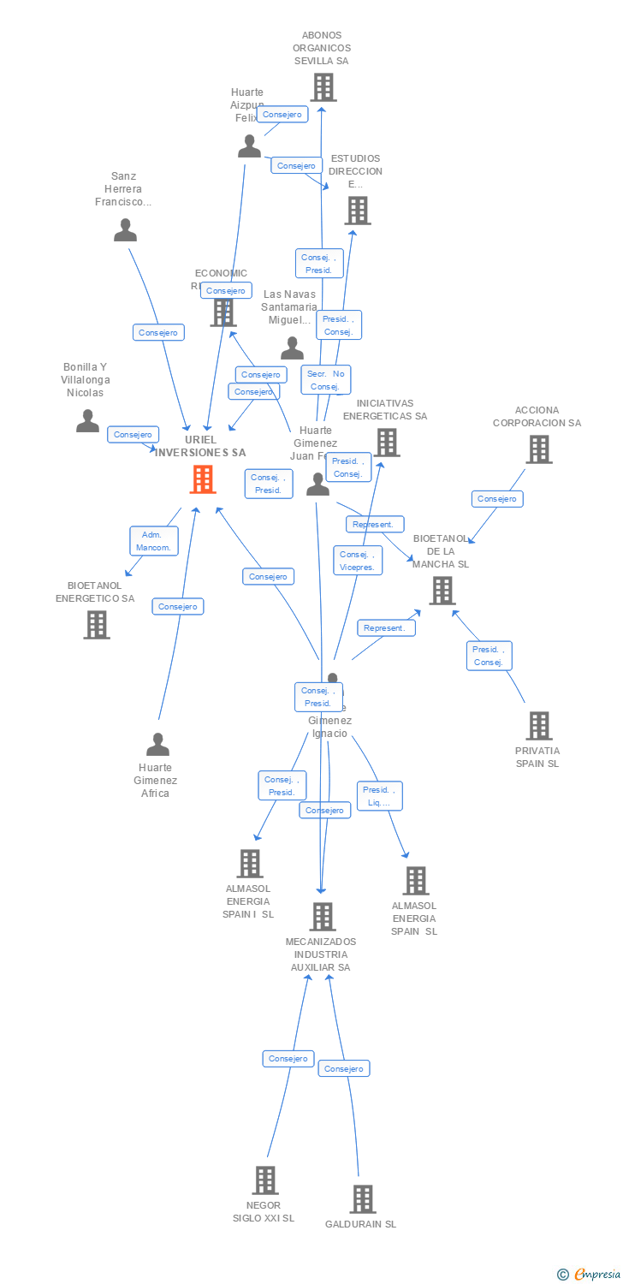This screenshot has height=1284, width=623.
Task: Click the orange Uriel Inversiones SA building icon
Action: coord(203,479)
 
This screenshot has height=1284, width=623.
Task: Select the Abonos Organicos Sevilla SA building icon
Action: coord(323,87)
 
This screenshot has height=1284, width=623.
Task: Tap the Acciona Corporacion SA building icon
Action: coord(538,449)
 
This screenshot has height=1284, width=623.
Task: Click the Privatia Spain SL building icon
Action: coord(538,726)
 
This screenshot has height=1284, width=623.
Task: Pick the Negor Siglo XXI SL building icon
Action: coord(264,1180)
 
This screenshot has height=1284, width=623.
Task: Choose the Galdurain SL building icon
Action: coord(362,1199)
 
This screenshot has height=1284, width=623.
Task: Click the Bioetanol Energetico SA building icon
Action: coord(97,625)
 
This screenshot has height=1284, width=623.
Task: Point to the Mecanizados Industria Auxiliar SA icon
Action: coord(322,917)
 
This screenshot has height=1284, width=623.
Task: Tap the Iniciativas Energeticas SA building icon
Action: coord(387,443)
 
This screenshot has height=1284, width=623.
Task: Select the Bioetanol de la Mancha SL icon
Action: coord(442,591)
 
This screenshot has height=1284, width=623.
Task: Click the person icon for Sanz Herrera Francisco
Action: coord(125,230)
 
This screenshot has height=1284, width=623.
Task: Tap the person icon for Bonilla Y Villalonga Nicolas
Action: coord(87,421)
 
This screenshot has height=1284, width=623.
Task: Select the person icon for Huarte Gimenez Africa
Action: coord(157,745)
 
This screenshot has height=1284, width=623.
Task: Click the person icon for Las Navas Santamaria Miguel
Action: coord(293,348)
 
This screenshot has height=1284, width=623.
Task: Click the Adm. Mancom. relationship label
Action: coord(154,540)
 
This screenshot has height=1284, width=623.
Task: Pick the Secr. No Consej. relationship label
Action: coord(325,380)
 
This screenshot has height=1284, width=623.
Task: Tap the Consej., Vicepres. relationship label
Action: coord(358,561)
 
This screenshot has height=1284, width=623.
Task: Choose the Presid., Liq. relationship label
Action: coord(379,796)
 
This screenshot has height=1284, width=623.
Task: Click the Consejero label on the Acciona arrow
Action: coord(497,499)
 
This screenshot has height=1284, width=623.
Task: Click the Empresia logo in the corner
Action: coord(590,1275)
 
